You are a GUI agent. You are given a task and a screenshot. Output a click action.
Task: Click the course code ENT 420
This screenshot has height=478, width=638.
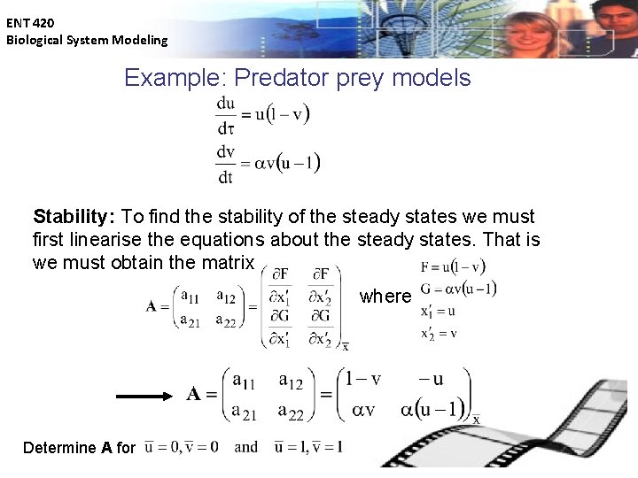[x=30, y=22]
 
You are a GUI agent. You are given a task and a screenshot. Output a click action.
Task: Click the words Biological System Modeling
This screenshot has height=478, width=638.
[x=86, y=40]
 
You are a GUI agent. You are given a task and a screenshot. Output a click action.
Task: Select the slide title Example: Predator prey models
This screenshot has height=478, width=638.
[x=297, y=78]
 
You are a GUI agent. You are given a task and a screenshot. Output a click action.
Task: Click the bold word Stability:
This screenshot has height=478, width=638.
[x=74, y=217]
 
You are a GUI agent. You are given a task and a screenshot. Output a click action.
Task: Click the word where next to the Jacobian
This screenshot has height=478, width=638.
[x=385, y=297]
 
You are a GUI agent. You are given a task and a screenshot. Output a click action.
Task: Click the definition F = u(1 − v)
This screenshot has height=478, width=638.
[x=452, y=266]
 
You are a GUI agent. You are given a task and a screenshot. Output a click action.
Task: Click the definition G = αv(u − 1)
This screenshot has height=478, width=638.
[x=458, y=289]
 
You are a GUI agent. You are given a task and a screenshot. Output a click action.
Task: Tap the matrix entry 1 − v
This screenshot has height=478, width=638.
[x=362, y=379]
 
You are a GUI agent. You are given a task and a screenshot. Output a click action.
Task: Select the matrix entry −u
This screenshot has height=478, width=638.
[x=432, y=379]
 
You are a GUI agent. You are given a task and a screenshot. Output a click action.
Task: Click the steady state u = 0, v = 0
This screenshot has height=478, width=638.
[x=183, y=446]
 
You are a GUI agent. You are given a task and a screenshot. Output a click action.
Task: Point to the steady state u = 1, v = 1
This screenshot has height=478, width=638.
[x=308, y=446]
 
